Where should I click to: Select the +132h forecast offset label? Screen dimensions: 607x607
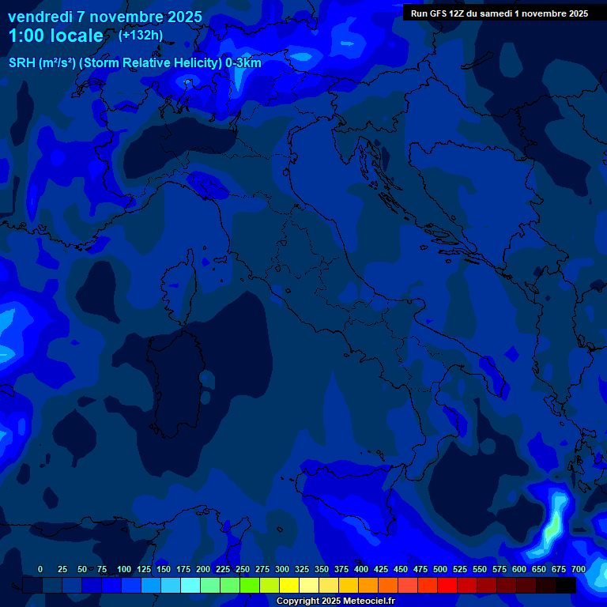(141, 35)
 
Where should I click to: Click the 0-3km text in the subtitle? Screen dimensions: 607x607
(243, 62)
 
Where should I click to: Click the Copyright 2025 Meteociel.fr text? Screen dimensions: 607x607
(335, 601)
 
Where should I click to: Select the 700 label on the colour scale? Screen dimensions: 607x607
(578, 569)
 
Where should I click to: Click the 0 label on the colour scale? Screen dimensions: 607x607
(40, 569)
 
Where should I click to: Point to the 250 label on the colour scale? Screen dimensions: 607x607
(243, 569)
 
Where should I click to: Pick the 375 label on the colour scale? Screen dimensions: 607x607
(341, 569)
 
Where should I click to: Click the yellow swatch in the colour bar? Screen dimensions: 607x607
(289, 585)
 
